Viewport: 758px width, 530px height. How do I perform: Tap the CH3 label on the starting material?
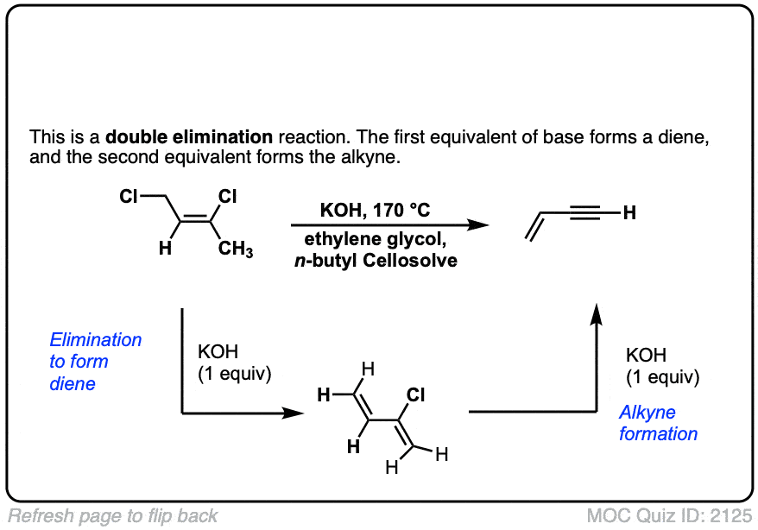[235, 250]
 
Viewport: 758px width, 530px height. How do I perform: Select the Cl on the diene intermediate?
[415, 394]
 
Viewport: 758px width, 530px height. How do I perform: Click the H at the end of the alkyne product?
[629, 212]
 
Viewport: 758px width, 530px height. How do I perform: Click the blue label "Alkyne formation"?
[658, 423]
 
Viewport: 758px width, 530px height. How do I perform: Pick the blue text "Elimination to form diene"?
[95, 362]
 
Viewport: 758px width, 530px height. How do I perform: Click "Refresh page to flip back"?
[113, 516]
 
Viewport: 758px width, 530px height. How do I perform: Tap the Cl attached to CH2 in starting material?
[129, 198]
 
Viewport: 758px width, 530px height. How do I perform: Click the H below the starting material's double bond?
[169, 249]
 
